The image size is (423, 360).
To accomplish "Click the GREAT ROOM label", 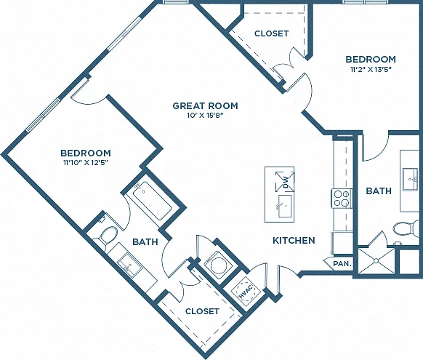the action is pos(205,105).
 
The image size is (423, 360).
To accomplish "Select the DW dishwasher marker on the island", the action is pos(285,182).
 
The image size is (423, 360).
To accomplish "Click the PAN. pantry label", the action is pos(342,264).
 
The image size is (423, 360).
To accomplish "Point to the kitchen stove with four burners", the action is pos(342,199).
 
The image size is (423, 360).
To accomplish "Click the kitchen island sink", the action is pos(285,206).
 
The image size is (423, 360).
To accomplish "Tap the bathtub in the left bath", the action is pos(152,200).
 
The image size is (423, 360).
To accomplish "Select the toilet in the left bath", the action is pos(106,235).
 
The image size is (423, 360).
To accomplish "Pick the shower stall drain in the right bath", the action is pos(376,260).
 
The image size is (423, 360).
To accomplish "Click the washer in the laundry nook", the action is pos(217,265).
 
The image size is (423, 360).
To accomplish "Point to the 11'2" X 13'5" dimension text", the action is pos(371,70).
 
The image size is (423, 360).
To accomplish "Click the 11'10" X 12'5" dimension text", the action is pos(86,163).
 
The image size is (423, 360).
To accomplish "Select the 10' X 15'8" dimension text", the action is pos(205,116).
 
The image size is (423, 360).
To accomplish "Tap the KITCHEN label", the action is pos(294,241).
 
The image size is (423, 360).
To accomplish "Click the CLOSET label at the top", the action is pos(271,33).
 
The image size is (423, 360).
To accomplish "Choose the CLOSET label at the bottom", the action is pos(202,311).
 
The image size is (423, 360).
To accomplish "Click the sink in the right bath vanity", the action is pos(411,179).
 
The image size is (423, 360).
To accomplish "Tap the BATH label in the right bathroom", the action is pos(379,191).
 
